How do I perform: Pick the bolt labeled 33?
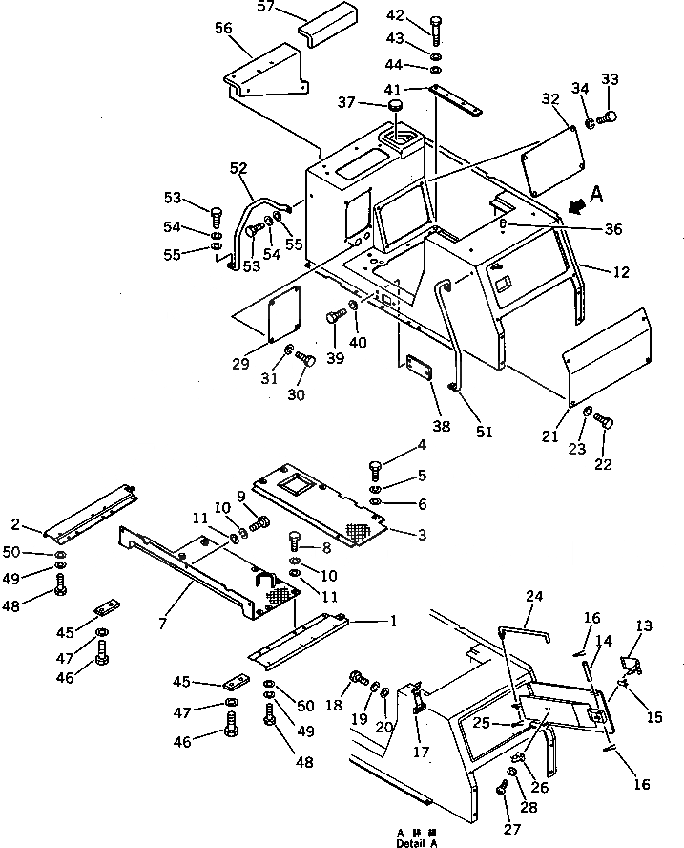click(x=608, y=118)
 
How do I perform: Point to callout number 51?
click(x=484, y=432)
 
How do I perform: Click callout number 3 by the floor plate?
click(x=422, y=535)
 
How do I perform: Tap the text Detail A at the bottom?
click(x=420, y=841)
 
